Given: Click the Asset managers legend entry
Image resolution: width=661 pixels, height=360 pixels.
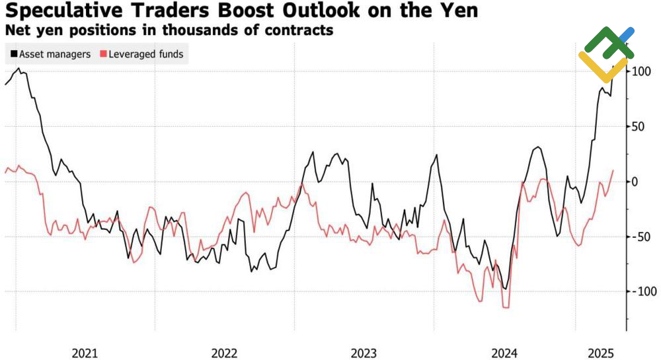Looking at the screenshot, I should pos(54,54).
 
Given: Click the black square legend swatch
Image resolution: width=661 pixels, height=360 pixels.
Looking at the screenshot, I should pos(13,54).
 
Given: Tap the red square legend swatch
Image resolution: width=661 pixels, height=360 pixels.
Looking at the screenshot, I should pos(102,54).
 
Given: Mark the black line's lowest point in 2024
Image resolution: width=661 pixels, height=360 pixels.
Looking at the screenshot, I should pos(506,289).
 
